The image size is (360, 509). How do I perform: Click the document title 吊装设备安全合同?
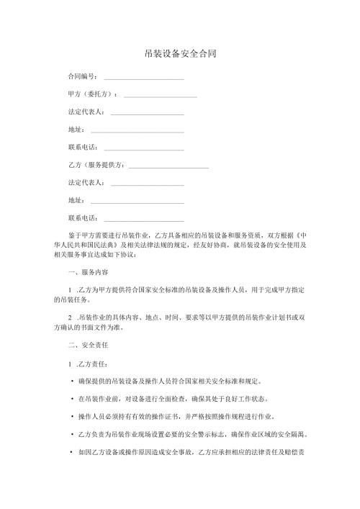pyautogui.click(x=180, y=54)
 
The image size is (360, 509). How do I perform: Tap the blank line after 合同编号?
pyautogui.click(x=144, y=78)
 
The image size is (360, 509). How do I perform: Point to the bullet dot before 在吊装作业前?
pyautogui.click(x=72, y=398)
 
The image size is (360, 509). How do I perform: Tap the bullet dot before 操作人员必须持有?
pyautogui.click(x=72, y=416)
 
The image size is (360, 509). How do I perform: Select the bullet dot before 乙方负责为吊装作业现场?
pyautogui.click(x=72, y=434)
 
